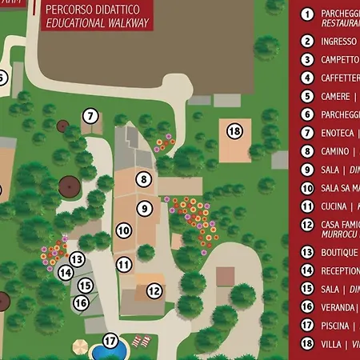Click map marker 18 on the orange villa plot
[x=234, y=130]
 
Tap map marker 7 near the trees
[x=90, y=116]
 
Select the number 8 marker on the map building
[x=143, y=179]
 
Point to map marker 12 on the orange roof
[x=154, y=291]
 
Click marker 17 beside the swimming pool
[x=110, y=341]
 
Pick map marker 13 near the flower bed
[x=77, y=258]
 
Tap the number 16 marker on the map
[x=81, y=302]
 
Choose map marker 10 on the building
[x=124, y=231]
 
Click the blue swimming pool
[x=107, y=352]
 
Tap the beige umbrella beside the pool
[x=80, y=346]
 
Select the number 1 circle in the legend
[x=306, y=14]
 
